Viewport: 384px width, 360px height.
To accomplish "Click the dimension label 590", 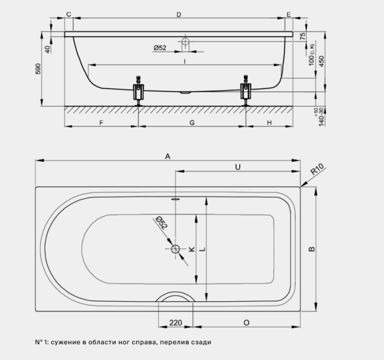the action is pyautogui.click(x=38, y=69).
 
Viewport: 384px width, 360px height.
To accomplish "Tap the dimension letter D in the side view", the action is pyautogui.click(x=179, y=15).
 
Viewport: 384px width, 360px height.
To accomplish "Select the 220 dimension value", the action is pyautogui.click(x=176, y=323).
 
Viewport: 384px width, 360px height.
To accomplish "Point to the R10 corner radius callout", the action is pyautogui.click(x=317, y=169).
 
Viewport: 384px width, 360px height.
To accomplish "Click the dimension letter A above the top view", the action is pyautogui.click(x=167, y=156).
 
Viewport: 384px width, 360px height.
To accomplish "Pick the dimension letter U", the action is pyautogui.click(x=238, y=167).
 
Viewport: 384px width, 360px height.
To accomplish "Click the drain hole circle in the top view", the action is pyautogui.click(x=175, y=249).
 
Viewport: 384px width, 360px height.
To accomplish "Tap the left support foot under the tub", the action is pyautogui.click(x=139, y=91).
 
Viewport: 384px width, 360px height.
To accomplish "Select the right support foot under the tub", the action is pyautogui.click(x=246, y=91).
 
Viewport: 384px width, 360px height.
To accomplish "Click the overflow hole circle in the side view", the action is pyautogui.click(x=185, y=41).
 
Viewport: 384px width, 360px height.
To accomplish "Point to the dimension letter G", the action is pyautogui.click(x=192, y=123).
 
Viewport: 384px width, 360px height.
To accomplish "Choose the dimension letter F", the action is pyautogui.click(x=101, y=123).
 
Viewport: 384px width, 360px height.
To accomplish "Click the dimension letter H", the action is pyautogui.click(x=269, y=123).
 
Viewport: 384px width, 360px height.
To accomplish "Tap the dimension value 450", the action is pyautogui.click(x=322, y=61).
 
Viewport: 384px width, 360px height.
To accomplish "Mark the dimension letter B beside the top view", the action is pyautogui.click(x=312, y=249).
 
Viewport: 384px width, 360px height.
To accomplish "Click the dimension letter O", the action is pyautogui.click(x=246, y=323).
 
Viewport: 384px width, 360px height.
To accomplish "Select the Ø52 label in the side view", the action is pyautogui.click(x=160, y=48).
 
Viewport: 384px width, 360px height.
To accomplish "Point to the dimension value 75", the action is pyautogui.click(x=303, y=36).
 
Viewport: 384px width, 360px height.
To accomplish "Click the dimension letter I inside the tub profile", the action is pyautogui.click(x=185, y=61).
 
